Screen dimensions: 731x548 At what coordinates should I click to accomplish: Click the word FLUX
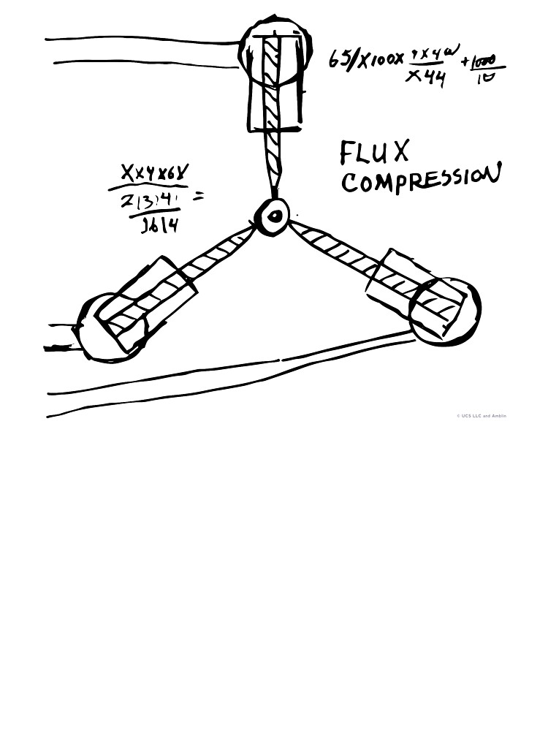pyautogui.click(x=374, y=153)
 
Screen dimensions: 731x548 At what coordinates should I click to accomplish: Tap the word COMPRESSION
pyautogui.click(x=420, y=178)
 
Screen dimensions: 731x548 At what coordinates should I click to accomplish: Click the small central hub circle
pyautogui.click(x=275, y=215)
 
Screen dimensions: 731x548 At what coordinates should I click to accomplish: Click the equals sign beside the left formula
pyautogui.click(x=198, y=195)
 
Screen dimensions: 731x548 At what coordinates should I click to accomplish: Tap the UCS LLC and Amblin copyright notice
pyautogui.click(x=480, y=416)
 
